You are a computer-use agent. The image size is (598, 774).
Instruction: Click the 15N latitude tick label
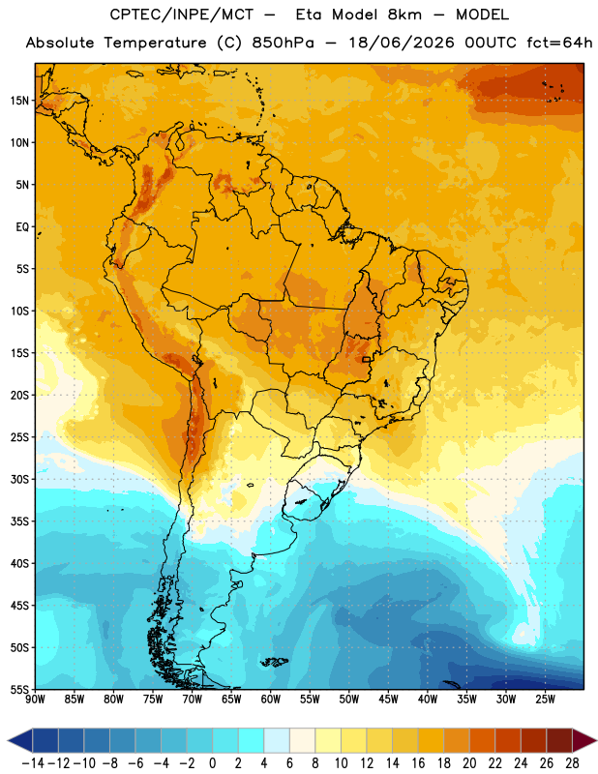tap(19, 101)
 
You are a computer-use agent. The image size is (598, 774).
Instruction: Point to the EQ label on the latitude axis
tap(22, 227)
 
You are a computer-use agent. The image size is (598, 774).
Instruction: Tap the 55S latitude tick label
tap(19, 689)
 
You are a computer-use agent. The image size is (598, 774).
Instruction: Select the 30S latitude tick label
tap(19, 479)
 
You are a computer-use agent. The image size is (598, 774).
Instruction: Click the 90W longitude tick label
tap(35, 699)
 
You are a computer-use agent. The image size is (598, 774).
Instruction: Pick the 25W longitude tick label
tap(545, 699)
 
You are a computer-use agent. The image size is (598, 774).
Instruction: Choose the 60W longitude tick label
tap(271, 699)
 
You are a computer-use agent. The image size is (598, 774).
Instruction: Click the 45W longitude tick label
tap(388, 699)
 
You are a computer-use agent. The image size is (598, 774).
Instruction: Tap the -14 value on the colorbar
tap(33, 763)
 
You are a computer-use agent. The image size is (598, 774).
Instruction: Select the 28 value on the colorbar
tap(572, 763)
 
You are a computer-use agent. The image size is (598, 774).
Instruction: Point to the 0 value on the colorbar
tap(212, 763)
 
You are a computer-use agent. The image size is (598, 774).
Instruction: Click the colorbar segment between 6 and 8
tap(302, 741)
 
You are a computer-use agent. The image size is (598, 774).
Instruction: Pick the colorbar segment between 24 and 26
tap(533, 741)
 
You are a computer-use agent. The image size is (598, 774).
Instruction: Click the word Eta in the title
tap(310, 15)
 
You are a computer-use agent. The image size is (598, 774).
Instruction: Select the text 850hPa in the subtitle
tap(283, 43)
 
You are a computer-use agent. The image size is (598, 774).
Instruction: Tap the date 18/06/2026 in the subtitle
tap(402, 43)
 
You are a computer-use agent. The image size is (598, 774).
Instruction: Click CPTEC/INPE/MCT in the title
tap(182, 15)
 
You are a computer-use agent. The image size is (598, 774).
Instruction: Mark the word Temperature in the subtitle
tap(155, 43)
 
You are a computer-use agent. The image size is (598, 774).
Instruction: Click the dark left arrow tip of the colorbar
tap(9, 741)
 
